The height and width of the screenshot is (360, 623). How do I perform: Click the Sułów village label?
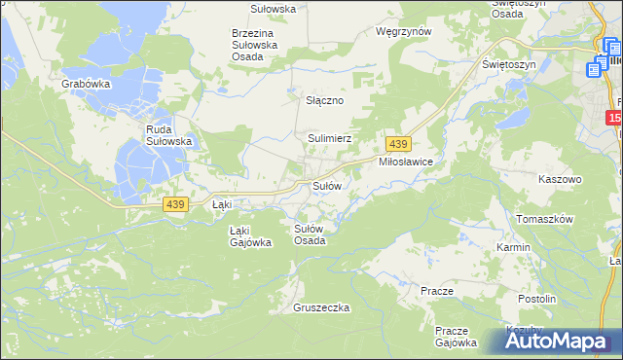(326, 185)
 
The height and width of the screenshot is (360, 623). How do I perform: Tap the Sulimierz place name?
(329, 139)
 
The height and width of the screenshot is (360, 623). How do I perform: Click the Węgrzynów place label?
(403, 31)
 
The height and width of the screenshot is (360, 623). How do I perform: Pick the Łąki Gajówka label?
(249, 236)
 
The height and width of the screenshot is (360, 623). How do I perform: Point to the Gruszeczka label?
(320, 307)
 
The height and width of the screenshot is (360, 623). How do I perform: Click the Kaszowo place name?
(560, 180)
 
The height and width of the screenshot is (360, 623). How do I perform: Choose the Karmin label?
(513, 247)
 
